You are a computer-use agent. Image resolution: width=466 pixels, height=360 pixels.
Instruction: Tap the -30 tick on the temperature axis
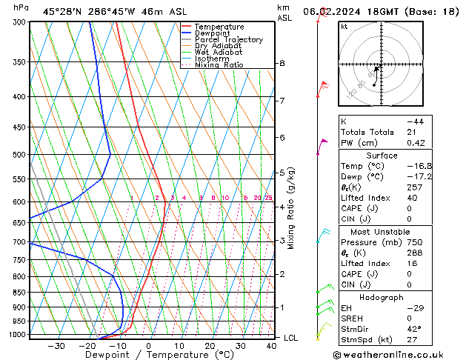(x=56, y=346)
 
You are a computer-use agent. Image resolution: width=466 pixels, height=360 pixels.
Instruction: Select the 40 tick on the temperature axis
(x=271, y=346)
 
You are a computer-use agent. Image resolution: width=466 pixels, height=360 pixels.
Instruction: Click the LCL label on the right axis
(x=291, y=338)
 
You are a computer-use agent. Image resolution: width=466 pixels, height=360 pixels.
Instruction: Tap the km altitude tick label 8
(x=282, y=64)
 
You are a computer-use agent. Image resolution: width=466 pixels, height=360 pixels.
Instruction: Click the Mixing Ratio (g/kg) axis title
(x=291, y=207)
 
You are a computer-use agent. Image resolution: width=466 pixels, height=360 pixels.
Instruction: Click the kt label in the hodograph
(x=344, y=26)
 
